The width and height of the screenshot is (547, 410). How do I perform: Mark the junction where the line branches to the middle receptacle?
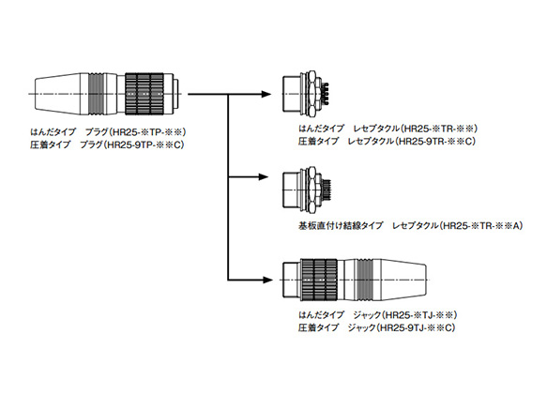tap(229, 176)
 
